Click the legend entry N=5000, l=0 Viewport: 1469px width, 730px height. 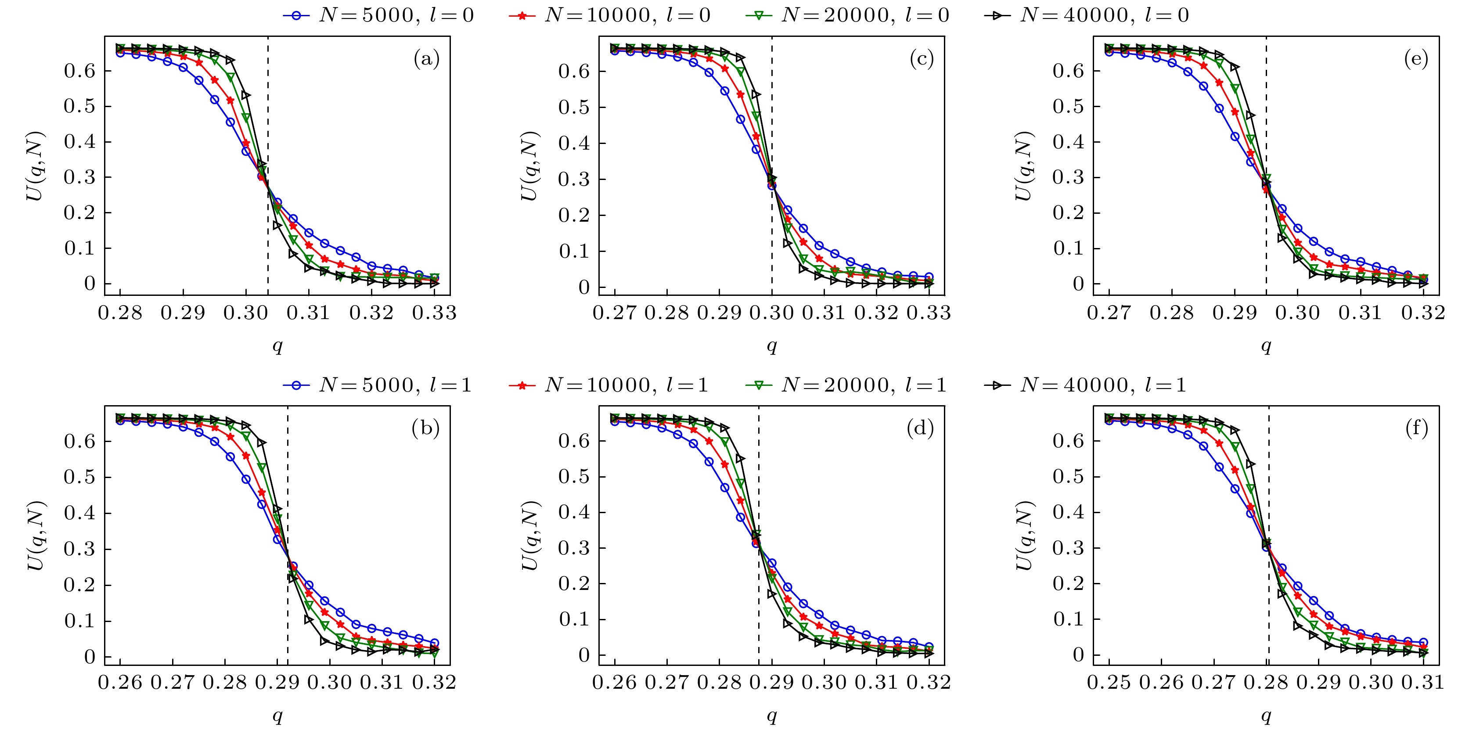tap(378, 15)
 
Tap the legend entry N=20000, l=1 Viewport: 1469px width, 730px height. tap(846, 385)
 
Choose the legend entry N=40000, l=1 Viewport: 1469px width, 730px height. tap(1086, 385)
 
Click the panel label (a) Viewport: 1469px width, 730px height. tap(426, 59)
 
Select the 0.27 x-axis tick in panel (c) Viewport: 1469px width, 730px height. tap(615, 313)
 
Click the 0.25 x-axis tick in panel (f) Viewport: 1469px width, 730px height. tap(1109, 683)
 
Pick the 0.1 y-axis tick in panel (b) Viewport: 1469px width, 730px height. tap(79, 621)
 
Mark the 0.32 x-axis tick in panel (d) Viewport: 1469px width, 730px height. tap(929, 683)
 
